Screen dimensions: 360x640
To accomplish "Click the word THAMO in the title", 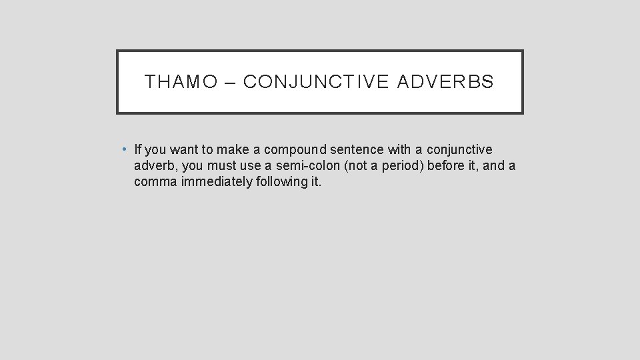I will (x=181, y=82).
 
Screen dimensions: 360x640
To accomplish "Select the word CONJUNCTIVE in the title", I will (x=316, y=82).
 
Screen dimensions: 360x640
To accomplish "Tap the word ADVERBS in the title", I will (x=446, y=82).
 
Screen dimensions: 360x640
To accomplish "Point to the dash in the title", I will (x=231, y=82).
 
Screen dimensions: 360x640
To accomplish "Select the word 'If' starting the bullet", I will (x=138, y=149).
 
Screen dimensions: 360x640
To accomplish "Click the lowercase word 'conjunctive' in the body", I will (x=459, y=149).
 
